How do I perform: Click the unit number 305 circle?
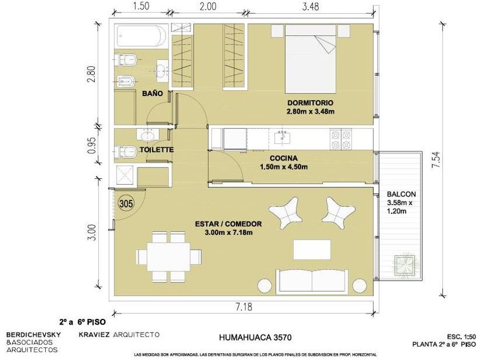point(126,203)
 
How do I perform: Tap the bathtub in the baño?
point(141,36)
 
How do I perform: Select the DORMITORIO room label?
point(310,103)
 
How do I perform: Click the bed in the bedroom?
point(310,59)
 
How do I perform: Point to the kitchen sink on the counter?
point(282,138)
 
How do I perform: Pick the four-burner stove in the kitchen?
point(341,140)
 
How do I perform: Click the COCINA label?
point(283,158)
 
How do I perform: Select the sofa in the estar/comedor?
point(312,280)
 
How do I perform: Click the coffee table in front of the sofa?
point(312,250)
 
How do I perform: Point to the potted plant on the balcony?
point(405,265)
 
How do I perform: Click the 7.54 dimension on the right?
point(437,159)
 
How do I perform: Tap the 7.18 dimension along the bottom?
point(244,306)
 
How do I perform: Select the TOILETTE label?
point(157,150)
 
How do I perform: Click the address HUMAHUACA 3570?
point(255,337)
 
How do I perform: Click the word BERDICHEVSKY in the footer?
point(33,334)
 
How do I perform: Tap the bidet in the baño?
point(126,81)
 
